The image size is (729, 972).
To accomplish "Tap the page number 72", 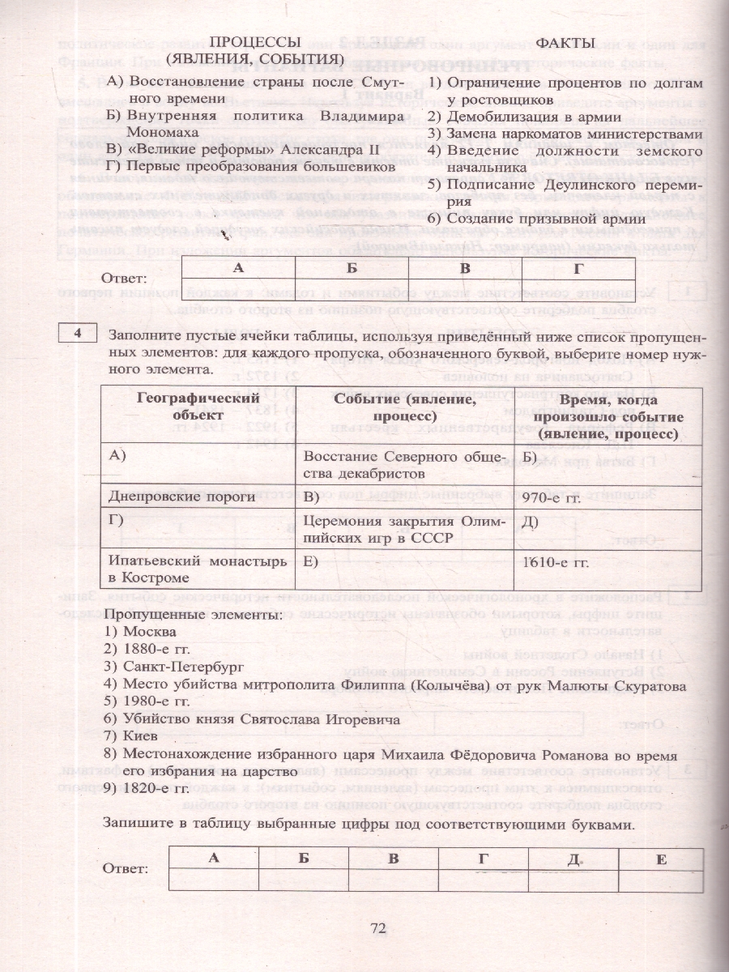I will (x=380, y=929).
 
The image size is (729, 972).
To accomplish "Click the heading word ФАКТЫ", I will (x=565, y=42).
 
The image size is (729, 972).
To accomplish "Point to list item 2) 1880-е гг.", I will (x=147, y=649).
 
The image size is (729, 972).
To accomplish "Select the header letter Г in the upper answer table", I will (x=578, y=266).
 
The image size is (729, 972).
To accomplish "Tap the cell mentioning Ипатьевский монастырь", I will (x=196, y=569).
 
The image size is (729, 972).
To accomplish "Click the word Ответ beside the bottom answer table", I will (x=126, y=868).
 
